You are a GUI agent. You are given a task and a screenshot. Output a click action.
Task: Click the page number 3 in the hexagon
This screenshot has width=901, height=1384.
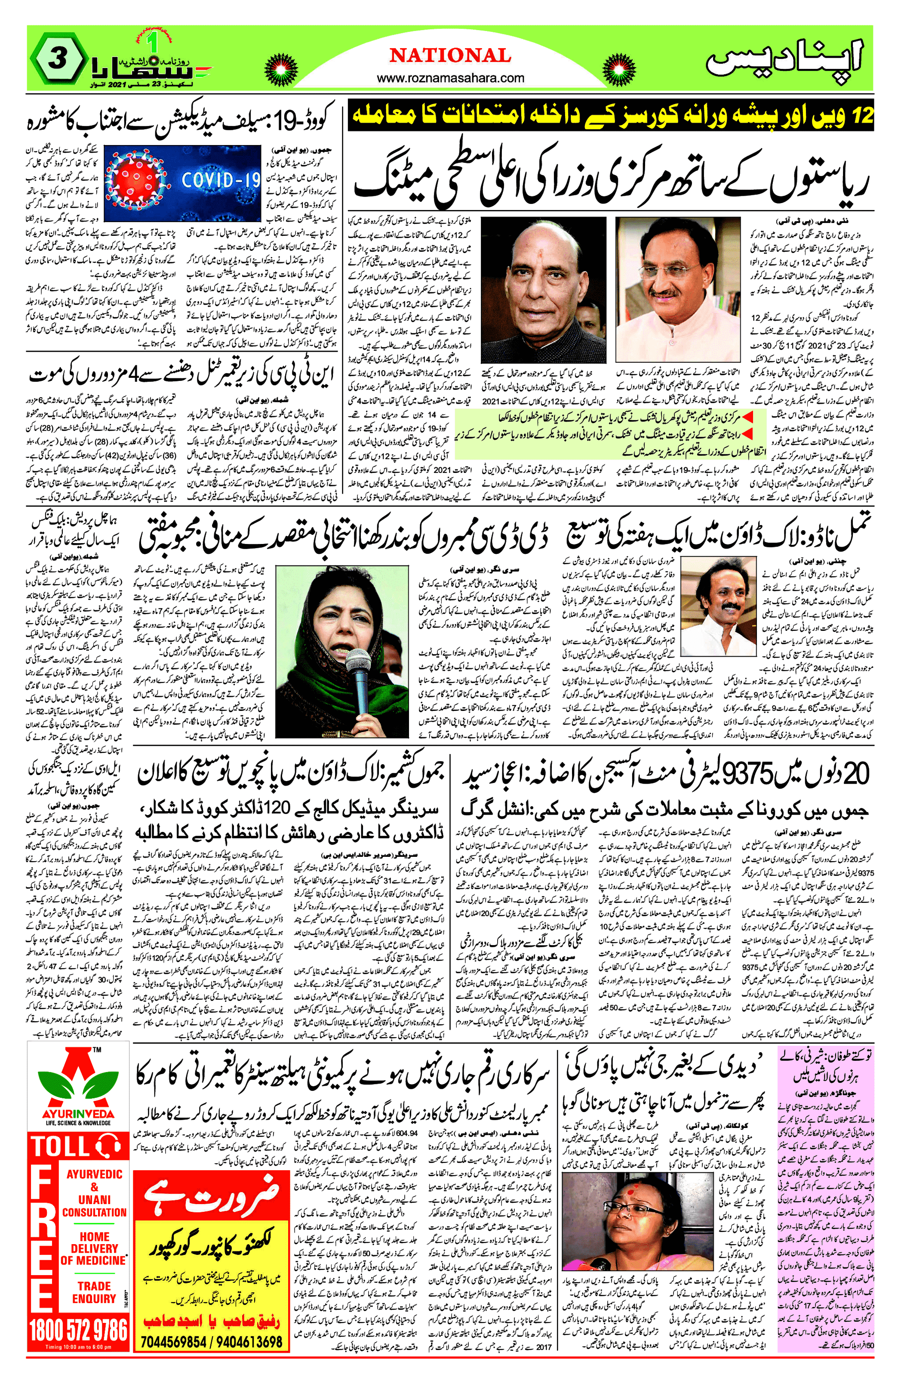pos(56,60)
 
